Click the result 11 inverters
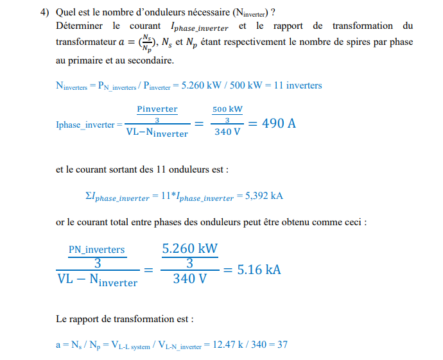tap(298, 85)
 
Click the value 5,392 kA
tap(264, 196)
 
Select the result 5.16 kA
tap(259, 269)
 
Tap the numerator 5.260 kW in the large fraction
tap(190, 248)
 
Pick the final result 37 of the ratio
tap(282, 345)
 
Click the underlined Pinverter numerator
tap(157, 109)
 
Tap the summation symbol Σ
tap(89, 196)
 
